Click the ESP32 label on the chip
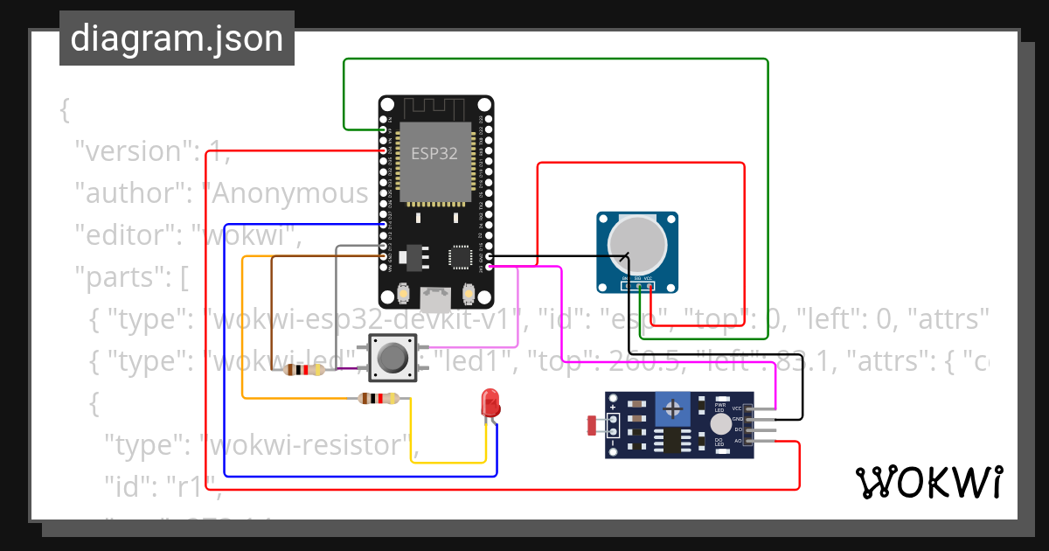click(x=434, y=152)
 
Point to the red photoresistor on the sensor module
click(x=592, y=426)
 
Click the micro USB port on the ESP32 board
click(x=435, y=301)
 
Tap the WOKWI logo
click(x=928, y=482)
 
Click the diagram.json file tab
click(x=177, y=38)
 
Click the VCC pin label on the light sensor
click(x=737, y=408)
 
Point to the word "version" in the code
click(x=132, y=151)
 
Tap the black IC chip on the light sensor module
click(x=672, y=441)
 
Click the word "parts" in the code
click(x=121, y=278)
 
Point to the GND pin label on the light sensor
click(x=737, y=420)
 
